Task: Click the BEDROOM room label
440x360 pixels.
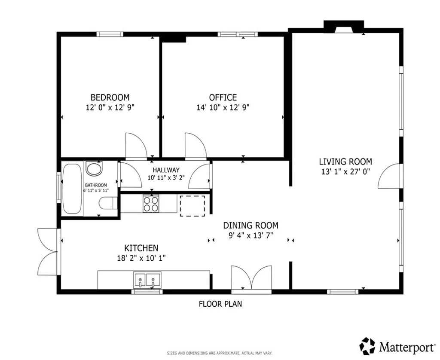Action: pos(110,98)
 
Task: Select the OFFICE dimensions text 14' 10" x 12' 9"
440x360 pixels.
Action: pos(223,107)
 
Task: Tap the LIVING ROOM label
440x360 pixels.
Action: pos(345,162)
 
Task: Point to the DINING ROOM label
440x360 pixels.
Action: pos(250,225)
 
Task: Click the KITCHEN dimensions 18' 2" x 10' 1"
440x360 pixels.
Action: pos(141,258)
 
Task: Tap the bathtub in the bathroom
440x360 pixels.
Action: pos(72,189)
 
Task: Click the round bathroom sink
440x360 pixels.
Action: pos(94,168)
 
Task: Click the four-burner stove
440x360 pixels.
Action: pos(150,203)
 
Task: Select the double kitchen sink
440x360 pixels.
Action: pos(147,281)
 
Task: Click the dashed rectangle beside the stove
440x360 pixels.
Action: pos(192,206)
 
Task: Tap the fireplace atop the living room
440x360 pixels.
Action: pos(343,27)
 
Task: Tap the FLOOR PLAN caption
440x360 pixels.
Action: pos(220,304)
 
